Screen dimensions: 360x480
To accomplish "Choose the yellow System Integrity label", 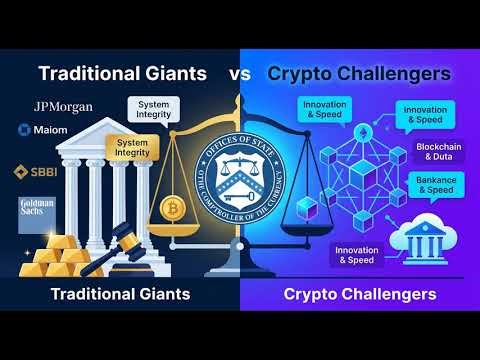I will point(133,148).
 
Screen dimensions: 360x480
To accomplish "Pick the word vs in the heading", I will point(241,73).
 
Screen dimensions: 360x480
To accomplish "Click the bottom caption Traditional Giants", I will point(119,295).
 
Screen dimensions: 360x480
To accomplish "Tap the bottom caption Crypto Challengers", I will point(359,295).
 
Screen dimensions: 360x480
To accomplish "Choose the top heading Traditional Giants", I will point(122,73).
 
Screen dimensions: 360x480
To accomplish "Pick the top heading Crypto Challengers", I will point(360,73).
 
